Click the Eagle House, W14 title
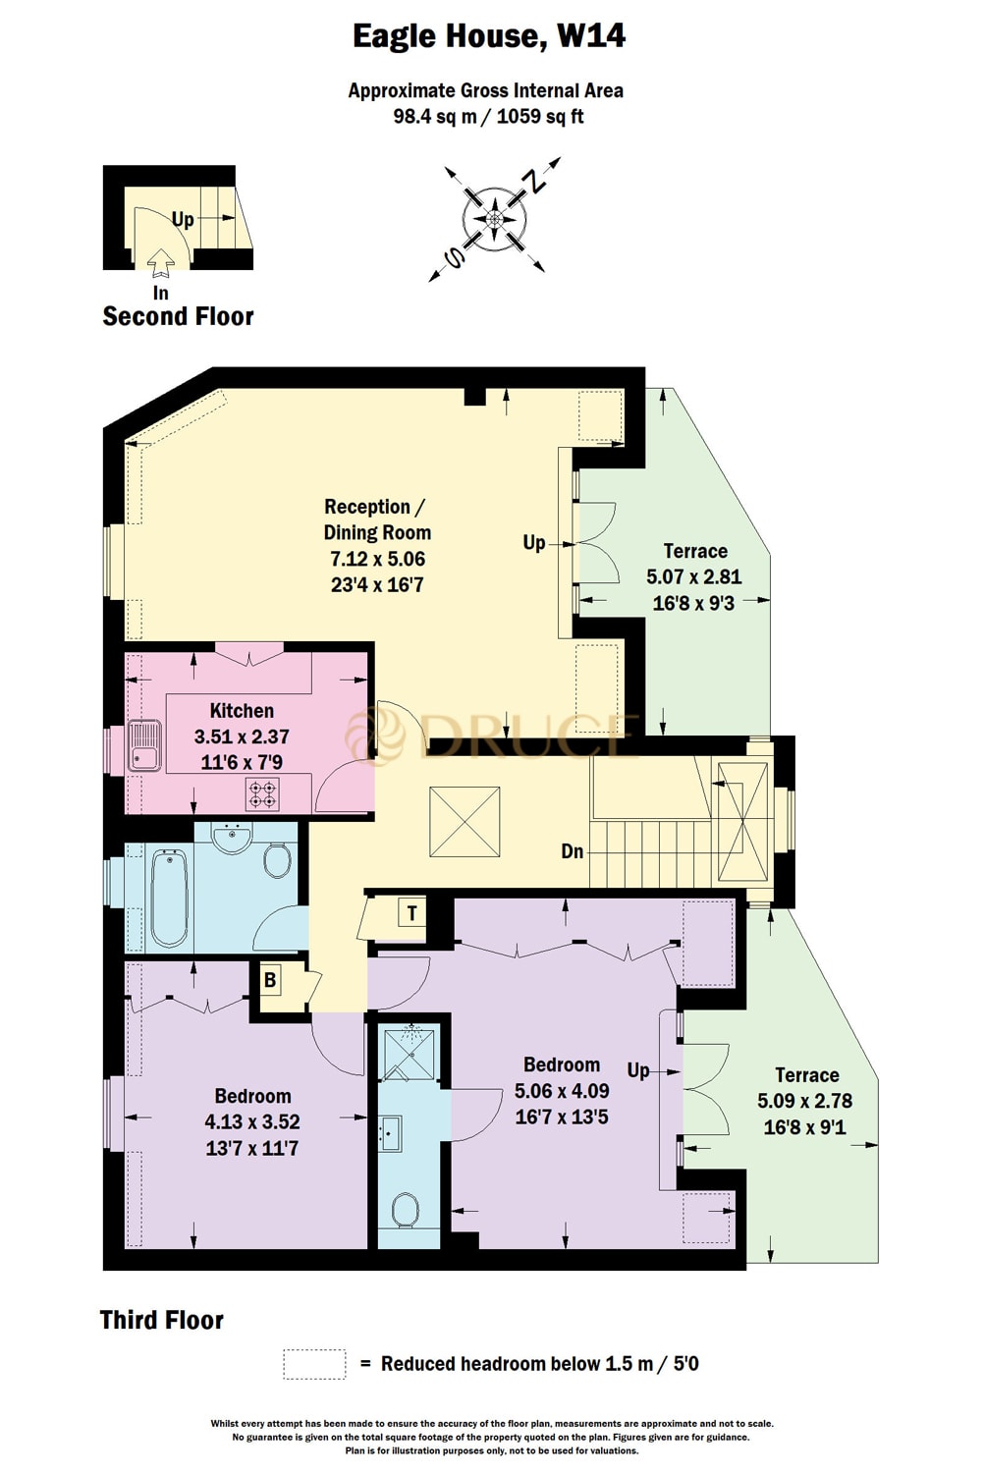pyautogui.click(x=489, y=36)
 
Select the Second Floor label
pyautogui.click(x=178, y=316)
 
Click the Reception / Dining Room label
pyautogui.click(x=377, y=519)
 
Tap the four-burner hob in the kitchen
pyautogui.click(x=262, y=793)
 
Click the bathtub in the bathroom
pyautogui.click(x=169, y=899)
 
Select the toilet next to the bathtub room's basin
pyautogui.click(x=278, y=861)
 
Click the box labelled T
pyautogui.click(x=411, y=913)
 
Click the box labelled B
pyautogui.click(x=269, y=979)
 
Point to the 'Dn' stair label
pyautogui.click(x=573, y=851)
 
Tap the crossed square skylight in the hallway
pyautogui.click(x=465, y=821)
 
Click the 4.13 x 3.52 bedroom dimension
pyautogui.click(x=252, y=1121)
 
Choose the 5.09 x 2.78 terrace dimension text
pyautogui.click(x=805, y=1101)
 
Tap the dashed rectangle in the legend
pyautogui.click(x=314, y=1364)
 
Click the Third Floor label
pyautogui.click(x=162, y=1320)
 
